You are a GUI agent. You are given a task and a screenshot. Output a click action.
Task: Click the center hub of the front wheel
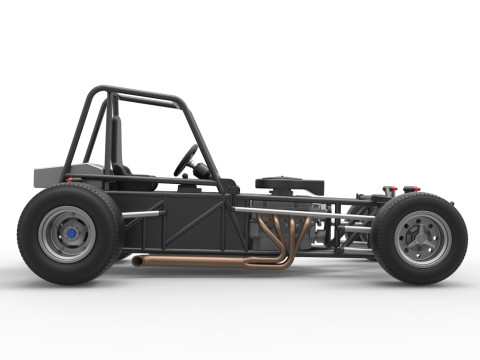[421, 239]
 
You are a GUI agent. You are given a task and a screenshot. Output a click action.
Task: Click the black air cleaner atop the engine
[289, 184]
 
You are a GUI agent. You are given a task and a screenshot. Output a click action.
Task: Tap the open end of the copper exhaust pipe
[135, 261]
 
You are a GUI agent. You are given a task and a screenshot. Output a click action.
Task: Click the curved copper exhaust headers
[285, 235]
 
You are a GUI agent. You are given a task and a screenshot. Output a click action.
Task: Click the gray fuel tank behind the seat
[50, 177]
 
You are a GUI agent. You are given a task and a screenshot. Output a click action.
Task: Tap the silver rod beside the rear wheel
[140, 214]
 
